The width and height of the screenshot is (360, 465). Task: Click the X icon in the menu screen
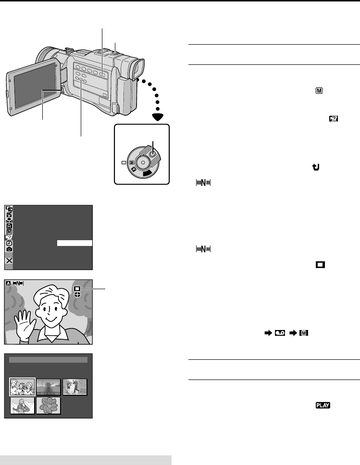pos(10,260)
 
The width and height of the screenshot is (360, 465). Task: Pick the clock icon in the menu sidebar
pos(10,243)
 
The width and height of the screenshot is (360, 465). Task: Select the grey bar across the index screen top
pos(48,359)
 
